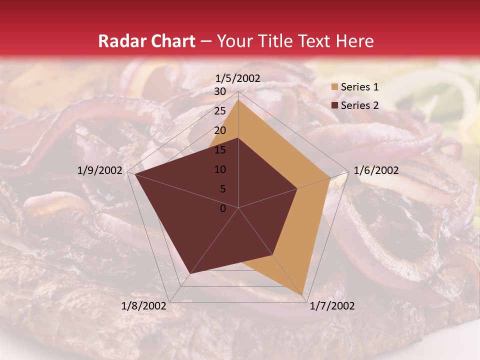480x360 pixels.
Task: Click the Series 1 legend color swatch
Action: click(333, 87)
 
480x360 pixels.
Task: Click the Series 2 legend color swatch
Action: click(333, 105)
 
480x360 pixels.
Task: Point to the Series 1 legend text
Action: click(359, 87)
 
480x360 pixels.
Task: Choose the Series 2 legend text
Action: click(359, 105)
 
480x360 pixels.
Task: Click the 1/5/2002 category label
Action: click(238, 78)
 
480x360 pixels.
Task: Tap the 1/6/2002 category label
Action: click(376, 170)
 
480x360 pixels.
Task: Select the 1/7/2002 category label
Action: click(332, 306)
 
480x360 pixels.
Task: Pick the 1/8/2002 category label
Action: click(144, 306)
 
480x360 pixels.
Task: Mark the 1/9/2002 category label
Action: click(100, 170)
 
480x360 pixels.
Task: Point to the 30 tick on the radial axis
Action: click(220, 91)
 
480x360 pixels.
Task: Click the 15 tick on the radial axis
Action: click(220, 150)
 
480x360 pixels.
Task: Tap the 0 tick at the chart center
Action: click(223, 208)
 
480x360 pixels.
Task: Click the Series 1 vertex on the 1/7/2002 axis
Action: click(303, 295)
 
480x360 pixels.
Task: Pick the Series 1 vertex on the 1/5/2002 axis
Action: click(238, 100)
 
